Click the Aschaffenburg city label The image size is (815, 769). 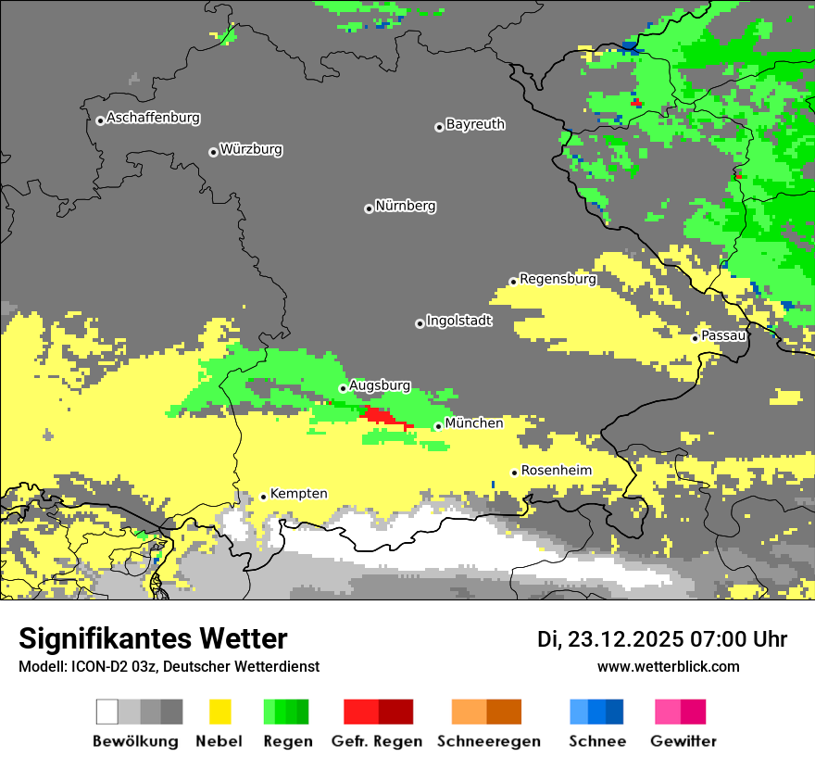[x=153, y=119]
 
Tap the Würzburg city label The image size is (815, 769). [x=251, y=150]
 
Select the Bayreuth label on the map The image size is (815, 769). [x=475, y=124]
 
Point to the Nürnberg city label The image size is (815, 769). [x=406, y=207]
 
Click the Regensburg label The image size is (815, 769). [x=558, y=279]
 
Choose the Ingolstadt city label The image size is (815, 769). [x=459, y=321]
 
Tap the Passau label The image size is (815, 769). [x=724, y=335]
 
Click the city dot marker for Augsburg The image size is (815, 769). [x=343, y=388]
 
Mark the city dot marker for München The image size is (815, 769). [x=438, y=426]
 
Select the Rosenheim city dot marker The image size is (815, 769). [x=514, y=473]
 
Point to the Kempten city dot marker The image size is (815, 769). [x=263, y=497]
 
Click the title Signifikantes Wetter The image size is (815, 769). [x=153, y=638]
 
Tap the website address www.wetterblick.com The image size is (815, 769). [x=668, y=667]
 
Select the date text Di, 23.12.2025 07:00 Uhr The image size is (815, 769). [x=662, y=639]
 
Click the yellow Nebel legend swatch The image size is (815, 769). [x=219, y=712]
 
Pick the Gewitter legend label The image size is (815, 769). [x=683, y=741]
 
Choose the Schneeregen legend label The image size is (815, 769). [x=488, y=741]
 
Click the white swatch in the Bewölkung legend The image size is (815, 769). [x=107, y=712]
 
